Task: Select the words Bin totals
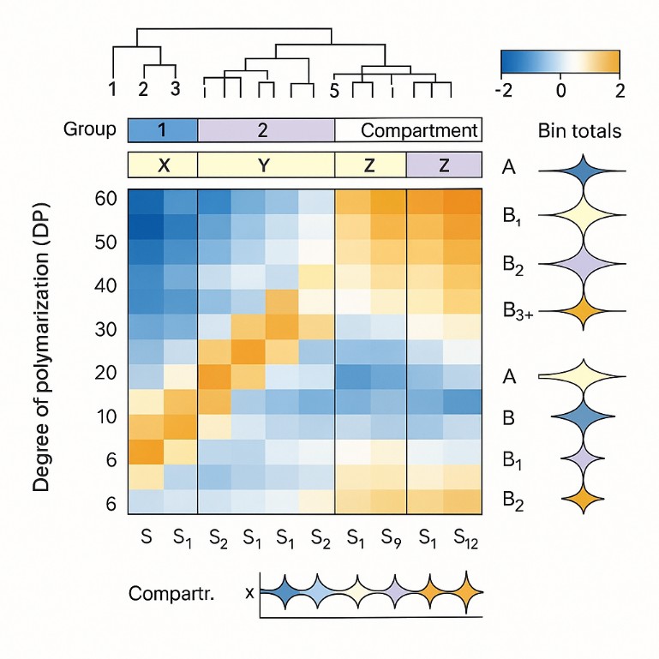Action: click(579, 131)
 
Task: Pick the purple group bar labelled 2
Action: click(266, 130)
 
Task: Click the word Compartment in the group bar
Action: click(418, 131)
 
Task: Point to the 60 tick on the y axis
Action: click(105, 199)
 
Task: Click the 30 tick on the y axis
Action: click(105, 329)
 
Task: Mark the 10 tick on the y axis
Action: click(105, 416)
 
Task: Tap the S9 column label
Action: click(389, 538)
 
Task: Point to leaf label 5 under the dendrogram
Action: click(334, 90)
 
